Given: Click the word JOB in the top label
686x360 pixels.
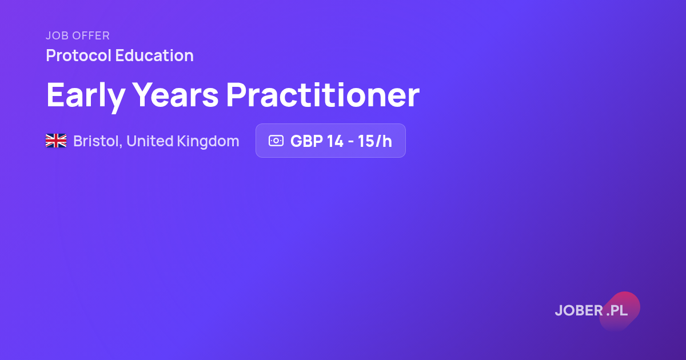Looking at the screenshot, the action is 57,36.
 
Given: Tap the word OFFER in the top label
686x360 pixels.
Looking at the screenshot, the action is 91,36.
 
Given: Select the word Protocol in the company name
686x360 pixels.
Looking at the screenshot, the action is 78,55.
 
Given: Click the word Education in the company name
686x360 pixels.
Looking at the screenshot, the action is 154,55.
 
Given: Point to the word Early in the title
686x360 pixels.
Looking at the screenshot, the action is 86,96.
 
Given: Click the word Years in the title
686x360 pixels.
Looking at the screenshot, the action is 176,95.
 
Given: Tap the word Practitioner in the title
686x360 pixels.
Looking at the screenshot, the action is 323,95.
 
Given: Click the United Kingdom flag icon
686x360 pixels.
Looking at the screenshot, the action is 56,141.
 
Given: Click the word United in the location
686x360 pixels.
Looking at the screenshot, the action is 150,141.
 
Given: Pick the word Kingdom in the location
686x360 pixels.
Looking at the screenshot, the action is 208,142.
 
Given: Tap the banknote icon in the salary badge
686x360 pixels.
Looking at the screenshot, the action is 276,141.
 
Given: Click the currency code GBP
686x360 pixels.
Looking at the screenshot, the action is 306,141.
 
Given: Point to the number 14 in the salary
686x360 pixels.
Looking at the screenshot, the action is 335,141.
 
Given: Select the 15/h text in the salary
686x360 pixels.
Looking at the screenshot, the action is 375,141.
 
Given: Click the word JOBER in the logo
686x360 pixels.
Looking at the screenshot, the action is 579,311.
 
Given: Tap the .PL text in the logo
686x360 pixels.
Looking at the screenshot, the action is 617,311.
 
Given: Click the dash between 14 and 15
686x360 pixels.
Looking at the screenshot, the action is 350,142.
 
